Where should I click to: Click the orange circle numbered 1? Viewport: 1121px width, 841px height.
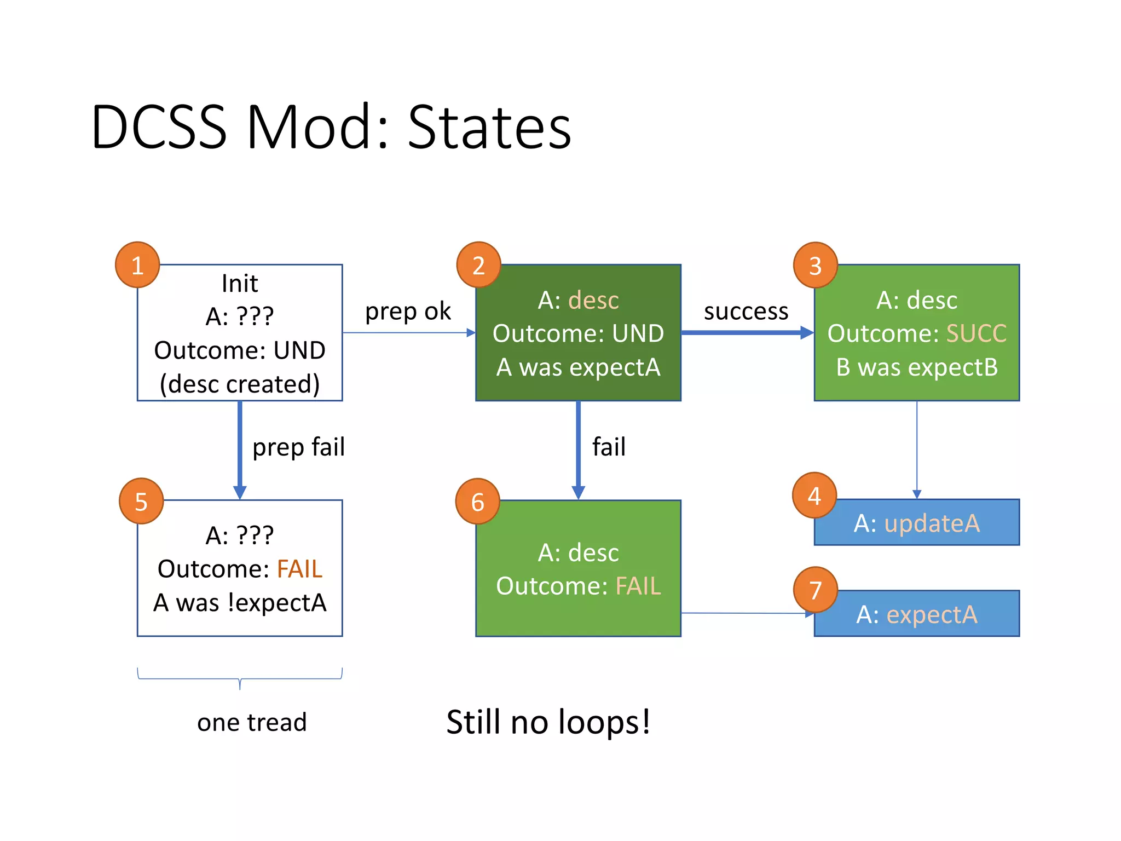click(x=137, y=265)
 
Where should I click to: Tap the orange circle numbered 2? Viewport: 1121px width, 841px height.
click(x=478, y=265)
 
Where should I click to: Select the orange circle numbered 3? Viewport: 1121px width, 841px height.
click(x=815, y=266)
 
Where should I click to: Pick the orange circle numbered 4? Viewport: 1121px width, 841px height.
click(x=814, y=496)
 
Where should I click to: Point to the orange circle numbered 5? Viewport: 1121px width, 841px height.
click(x=141, y=501)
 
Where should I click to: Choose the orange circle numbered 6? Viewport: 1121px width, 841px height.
click(x=477, y=501)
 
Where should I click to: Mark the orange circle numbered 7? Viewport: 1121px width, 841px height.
click(x=815, y=590)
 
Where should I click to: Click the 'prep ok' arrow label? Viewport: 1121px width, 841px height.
click(x=408, y=311)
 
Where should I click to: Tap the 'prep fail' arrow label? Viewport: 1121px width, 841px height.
click(x=298, y=447)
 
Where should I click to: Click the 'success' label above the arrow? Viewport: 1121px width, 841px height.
click(x=746, y=311)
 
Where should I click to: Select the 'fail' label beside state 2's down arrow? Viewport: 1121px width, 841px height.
click(x=609, y=447)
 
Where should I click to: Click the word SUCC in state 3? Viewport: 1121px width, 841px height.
click(x=976, y=333)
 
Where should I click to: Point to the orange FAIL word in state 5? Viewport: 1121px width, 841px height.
click(x=299, y=569)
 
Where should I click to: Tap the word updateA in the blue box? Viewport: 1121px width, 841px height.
click(x=932, y=523)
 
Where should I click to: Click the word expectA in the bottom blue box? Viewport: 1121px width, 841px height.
click(x=932, y=614)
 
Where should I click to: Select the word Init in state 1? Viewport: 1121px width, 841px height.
click(x=240, y=284)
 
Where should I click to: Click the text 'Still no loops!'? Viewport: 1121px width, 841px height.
click(x=548, y=722)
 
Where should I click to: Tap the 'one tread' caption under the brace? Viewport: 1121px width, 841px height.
click(x=252, y=722)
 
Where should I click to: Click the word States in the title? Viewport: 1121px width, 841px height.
click(x=489, y=127)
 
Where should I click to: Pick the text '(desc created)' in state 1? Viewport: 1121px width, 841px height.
click(x=240, y=384)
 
